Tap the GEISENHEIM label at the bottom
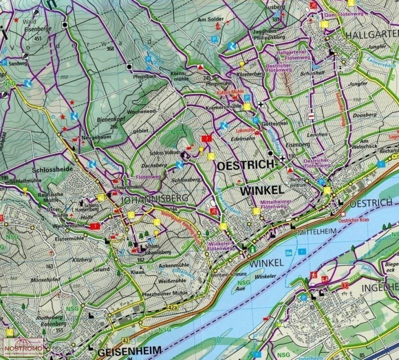pyautogui.click(x=129, y=350)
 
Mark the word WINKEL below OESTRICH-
pyautogui.click(x=261, y=188)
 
